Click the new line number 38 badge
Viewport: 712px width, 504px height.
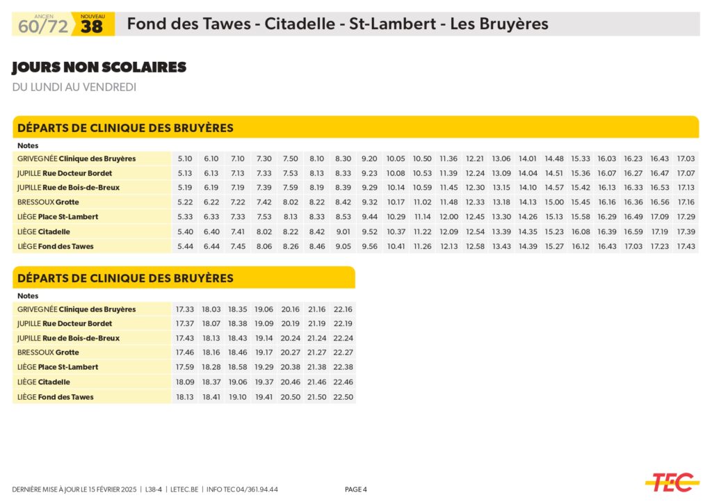[x=92, y=27]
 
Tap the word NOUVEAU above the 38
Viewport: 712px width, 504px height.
[x=92, y=15]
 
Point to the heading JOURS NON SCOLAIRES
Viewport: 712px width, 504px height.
[x=99, y=67]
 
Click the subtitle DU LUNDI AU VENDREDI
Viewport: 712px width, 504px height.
[x=74, y=88]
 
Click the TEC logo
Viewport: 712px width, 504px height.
[x=672, y=481]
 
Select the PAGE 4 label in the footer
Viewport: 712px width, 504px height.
[x=356, y=489]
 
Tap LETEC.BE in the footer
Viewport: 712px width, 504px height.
[x=185, y=489]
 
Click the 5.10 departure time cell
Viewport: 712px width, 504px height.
[x=185, y=158]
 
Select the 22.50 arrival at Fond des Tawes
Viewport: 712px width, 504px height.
[x=343, y=397]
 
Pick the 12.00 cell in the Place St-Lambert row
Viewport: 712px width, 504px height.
[x=448, y=217]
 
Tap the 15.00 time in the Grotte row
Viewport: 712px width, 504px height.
[x=554, y=202]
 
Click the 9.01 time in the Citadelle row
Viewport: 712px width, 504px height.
[x=343, y=231]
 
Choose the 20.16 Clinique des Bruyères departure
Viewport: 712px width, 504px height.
[x=290, y=309]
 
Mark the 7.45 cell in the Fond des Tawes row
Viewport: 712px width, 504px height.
[x=238, y=246]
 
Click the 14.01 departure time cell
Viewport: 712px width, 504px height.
[x=528, y=158]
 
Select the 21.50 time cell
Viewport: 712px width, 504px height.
[x=317, y=397]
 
